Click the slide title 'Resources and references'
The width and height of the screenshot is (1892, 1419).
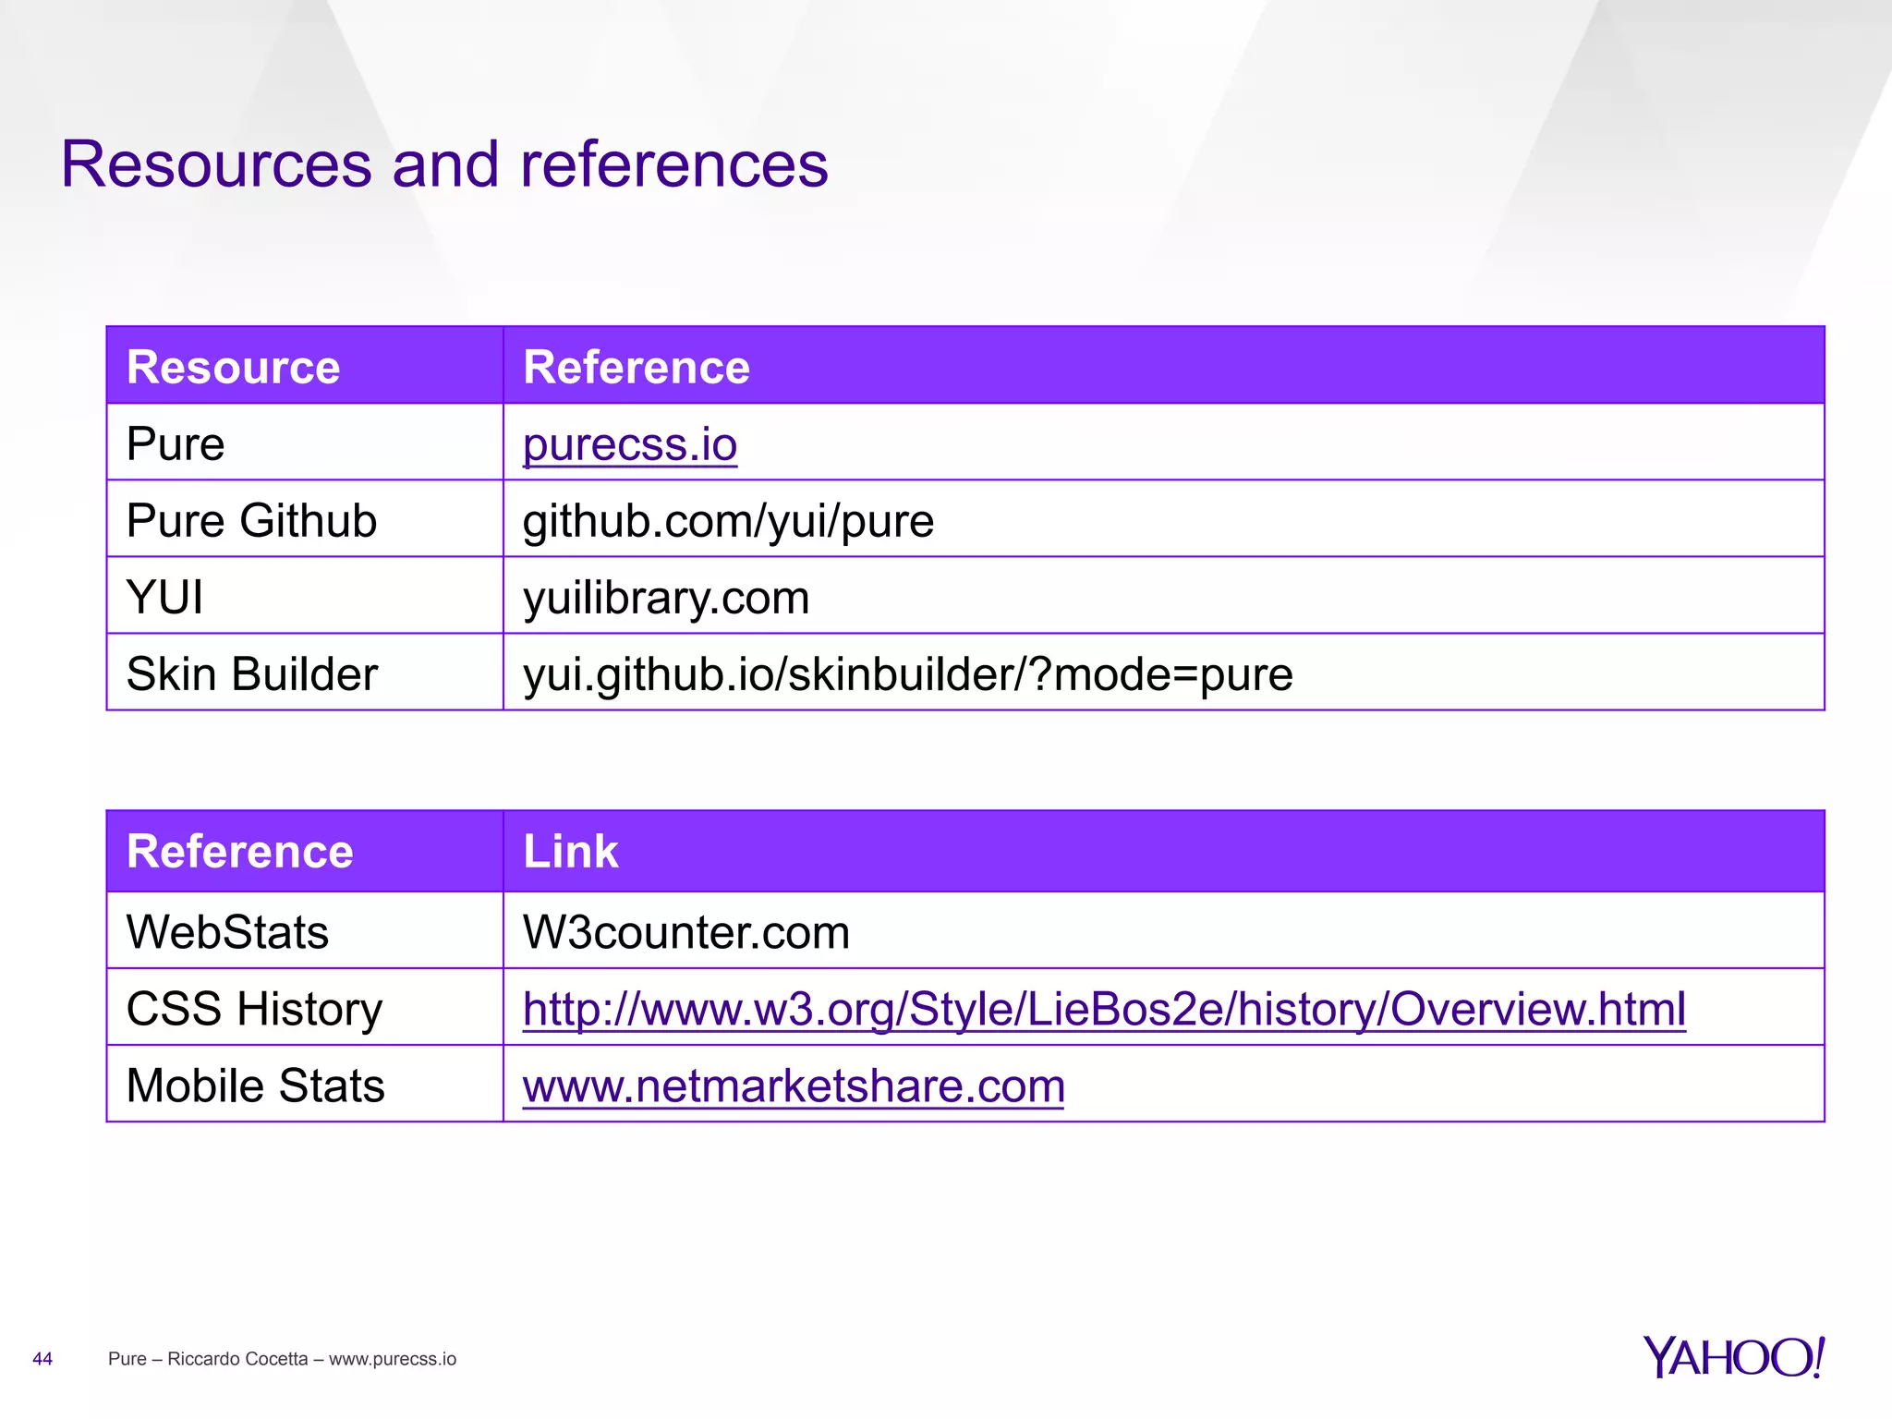[x=444, y=165]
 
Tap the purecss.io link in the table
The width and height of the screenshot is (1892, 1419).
[x=630, y=444]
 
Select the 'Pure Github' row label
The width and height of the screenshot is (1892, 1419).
[x=251, y=521]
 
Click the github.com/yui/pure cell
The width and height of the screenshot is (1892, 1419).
[x=728, y=521]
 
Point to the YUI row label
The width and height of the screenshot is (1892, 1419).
[x=164, y=598]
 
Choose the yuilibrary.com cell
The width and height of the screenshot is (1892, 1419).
[x=666, y=598]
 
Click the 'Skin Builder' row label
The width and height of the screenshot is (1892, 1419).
[x=251, y=674]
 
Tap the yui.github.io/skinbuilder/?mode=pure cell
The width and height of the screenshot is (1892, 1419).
[x=907, y=674]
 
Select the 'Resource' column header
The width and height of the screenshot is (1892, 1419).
[x=233, y=367]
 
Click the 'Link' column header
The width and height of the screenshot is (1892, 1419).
[x=570, y=851]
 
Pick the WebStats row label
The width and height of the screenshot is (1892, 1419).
[x=227, y=932]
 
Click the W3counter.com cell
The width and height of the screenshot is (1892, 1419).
[x=685, y=932]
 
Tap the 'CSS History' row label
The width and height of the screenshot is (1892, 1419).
[x=254, y=1009]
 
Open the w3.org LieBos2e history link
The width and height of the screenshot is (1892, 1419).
[x=1104, y=1009]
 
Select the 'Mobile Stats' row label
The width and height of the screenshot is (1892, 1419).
[x=255, y=1085]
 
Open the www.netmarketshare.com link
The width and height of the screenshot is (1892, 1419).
[x=794, y=1085]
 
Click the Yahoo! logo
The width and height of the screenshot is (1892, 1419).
[x=1733, y=1357]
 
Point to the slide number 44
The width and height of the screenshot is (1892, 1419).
[x=42, y=1359]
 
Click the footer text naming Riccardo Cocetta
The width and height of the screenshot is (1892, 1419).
[x=282, y=1359]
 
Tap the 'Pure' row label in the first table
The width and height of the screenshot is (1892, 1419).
[x=176, y=444]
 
